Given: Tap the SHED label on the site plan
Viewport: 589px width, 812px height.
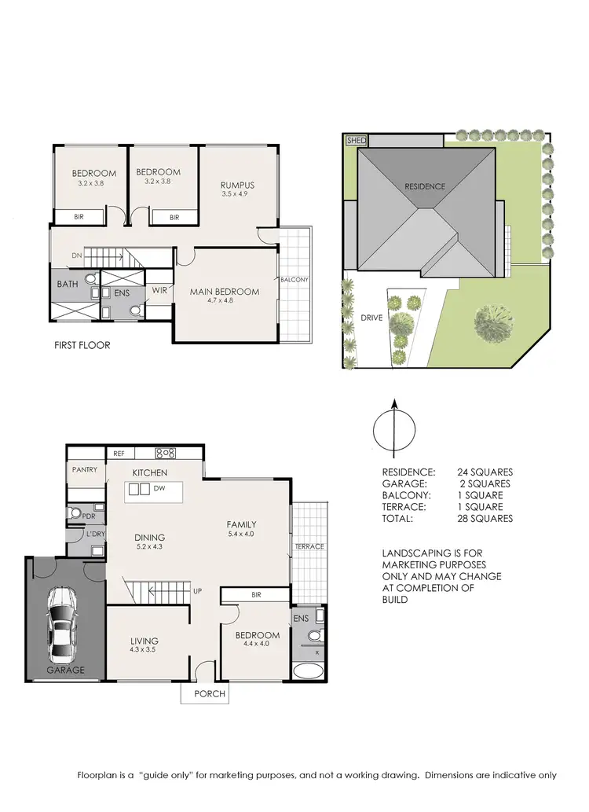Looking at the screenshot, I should pyautogui.click(x=357, y=141).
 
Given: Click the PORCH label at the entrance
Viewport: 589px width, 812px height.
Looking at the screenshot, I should pyautogui.click(x=210, y=693).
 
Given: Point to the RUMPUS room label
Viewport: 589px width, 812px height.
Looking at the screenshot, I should pyautogui.click(x=237, y=186).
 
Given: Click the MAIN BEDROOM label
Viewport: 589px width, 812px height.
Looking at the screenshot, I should pyautogui.click(x=225, y=292).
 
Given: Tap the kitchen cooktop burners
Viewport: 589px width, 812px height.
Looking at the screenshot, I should pyautogui.click(x=166, y=453).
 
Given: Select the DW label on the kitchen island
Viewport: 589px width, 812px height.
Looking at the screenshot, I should pyautogui.click(x=159, y=489).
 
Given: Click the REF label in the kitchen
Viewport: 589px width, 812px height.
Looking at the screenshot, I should pyautogui.click(x=119, y=454).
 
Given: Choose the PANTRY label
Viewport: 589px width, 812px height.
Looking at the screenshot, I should pyautogui.click(x=84, y=470).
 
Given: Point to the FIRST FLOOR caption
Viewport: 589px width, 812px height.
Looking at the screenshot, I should pyautogui.click(x=82, y=345).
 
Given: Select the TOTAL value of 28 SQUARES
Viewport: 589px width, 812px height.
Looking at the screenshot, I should pyautogui.click(x=485, y=519).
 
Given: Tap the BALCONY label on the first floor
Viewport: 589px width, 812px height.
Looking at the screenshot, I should pyautogui.click(x=294, y=280).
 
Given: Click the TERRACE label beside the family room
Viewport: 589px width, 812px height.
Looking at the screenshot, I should pyautogui.click(x=309, y=546).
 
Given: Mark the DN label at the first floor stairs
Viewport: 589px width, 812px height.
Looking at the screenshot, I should pyautogui.click(x=76, y=255).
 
